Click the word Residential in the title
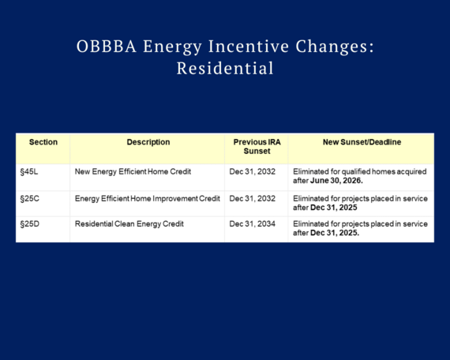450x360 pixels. [225, 69]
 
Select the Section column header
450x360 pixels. [43, 143]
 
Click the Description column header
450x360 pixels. [148, 143]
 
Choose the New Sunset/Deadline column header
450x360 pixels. [361, 143]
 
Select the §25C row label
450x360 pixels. [29, 198]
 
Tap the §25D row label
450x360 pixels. [29, 224]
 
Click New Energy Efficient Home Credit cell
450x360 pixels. [133, 171]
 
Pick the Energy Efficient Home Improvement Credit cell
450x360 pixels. [147, 198]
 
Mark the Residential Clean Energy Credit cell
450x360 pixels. [129, 224]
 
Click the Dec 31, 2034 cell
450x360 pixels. [252, 224]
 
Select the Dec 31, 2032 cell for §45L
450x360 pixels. [252, 171]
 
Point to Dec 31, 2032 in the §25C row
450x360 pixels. [252, 198]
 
